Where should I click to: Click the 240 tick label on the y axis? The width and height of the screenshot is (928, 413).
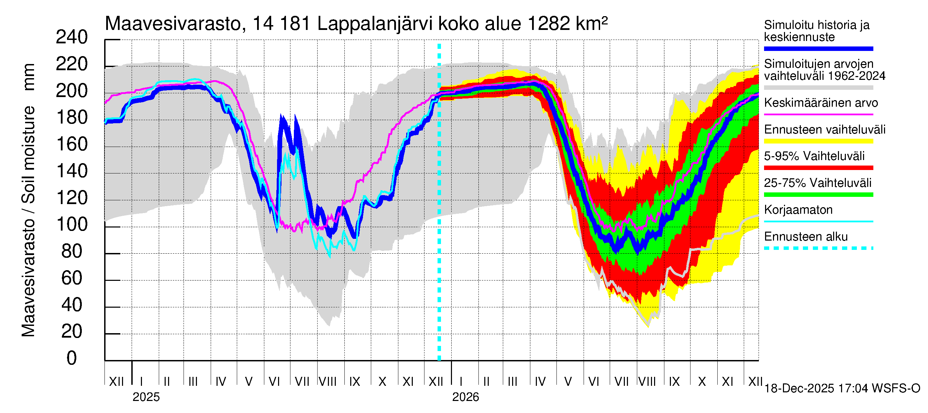(x=72, y=37)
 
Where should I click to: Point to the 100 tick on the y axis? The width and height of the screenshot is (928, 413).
(x=72, y=225)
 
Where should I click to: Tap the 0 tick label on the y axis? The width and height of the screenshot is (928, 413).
(x=72, y=358)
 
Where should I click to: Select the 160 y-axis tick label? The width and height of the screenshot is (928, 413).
(x=72, y=144)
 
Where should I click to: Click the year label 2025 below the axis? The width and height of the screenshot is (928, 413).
(x=146, y=397)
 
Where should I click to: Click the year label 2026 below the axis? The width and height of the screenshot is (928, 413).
(x=465, y=397)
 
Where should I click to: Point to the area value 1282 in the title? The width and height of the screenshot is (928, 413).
(x=549, y=24)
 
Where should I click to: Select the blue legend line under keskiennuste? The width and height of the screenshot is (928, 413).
(x=818, y=49)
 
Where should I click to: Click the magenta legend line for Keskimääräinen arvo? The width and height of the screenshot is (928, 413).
(x=818, y=114)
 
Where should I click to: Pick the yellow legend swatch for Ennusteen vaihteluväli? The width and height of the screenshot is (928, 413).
(x=818, y=141)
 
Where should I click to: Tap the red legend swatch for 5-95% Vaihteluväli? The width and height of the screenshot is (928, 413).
(x=818, y=168)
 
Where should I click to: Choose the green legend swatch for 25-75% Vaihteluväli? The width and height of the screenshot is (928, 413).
(x=818, y=195)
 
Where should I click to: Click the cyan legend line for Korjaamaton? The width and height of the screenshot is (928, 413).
(x=818, y=221)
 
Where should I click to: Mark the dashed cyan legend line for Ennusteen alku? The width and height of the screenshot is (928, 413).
(x=818, y=248)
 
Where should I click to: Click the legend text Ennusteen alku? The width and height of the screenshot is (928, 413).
(x=806, y=237)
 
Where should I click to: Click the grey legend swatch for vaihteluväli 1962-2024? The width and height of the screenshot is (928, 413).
(x=818, y=88)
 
